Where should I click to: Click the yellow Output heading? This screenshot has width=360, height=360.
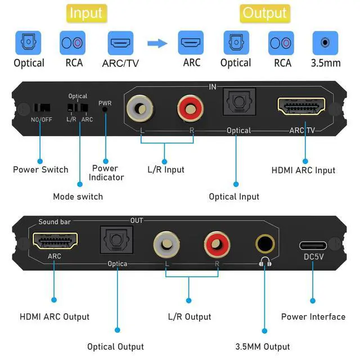(264, 13)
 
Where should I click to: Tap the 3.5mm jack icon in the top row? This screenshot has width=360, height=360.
(325, 43)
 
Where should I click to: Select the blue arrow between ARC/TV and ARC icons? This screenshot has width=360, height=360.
(157, 43)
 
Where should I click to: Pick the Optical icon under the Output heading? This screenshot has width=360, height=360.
(236, 43)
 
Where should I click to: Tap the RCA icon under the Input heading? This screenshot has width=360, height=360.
(73, 43)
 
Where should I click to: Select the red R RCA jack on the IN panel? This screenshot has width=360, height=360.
(189, 107)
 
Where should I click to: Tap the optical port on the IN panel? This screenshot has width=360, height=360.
(238, 105)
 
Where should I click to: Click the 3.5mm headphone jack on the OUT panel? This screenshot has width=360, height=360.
(265, 244)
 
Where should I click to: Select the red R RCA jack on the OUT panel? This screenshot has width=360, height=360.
(215, 244)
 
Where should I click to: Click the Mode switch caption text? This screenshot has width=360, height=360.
(78, 196)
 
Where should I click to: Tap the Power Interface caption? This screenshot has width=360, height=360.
(313, 317)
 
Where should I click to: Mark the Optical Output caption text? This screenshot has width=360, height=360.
(115, 346)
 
